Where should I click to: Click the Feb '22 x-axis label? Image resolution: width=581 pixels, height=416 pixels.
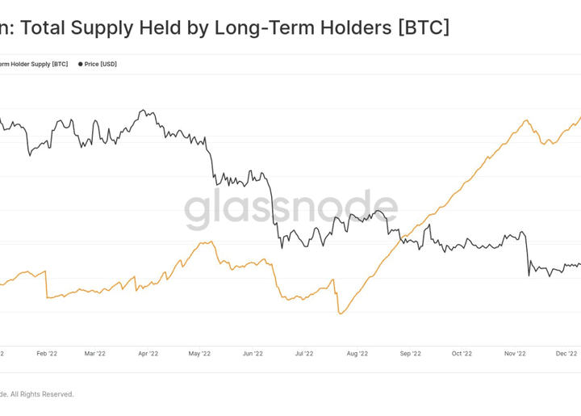click(48, 353)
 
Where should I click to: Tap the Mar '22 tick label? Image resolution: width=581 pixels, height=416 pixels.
click(95, 353)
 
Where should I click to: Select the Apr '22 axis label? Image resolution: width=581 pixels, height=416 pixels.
click(148, 353)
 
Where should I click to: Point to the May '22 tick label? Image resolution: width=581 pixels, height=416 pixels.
click(199, 353)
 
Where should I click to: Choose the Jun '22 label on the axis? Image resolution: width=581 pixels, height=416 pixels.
click(253, 353)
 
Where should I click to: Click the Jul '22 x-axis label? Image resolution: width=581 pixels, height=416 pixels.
click(304, 353)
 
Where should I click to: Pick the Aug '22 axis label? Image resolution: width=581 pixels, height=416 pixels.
click(357, 353)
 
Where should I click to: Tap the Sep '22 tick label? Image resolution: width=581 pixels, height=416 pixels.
click(411, 353)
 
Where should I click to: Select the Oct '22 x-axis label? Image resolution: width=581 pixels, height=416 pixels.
click(462, 353)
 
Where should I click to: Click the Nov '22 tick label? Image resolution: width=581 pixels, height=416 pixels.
click(515, 353)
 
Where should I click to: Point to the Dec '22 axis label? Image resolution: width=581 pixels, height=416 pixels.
click(567, 353)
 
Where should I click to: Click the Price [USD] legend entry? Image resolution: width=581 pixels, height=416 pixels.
click(100, 64)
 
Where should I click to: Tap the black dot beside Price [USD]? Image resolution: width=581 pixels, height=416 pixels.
click(81, 64)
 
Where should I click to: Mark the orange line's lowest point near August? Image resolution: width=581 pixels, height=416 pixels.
click(341, 313)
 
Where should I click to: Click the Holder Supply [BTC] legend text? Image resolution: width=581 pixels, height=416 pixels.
click(36, 64)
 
